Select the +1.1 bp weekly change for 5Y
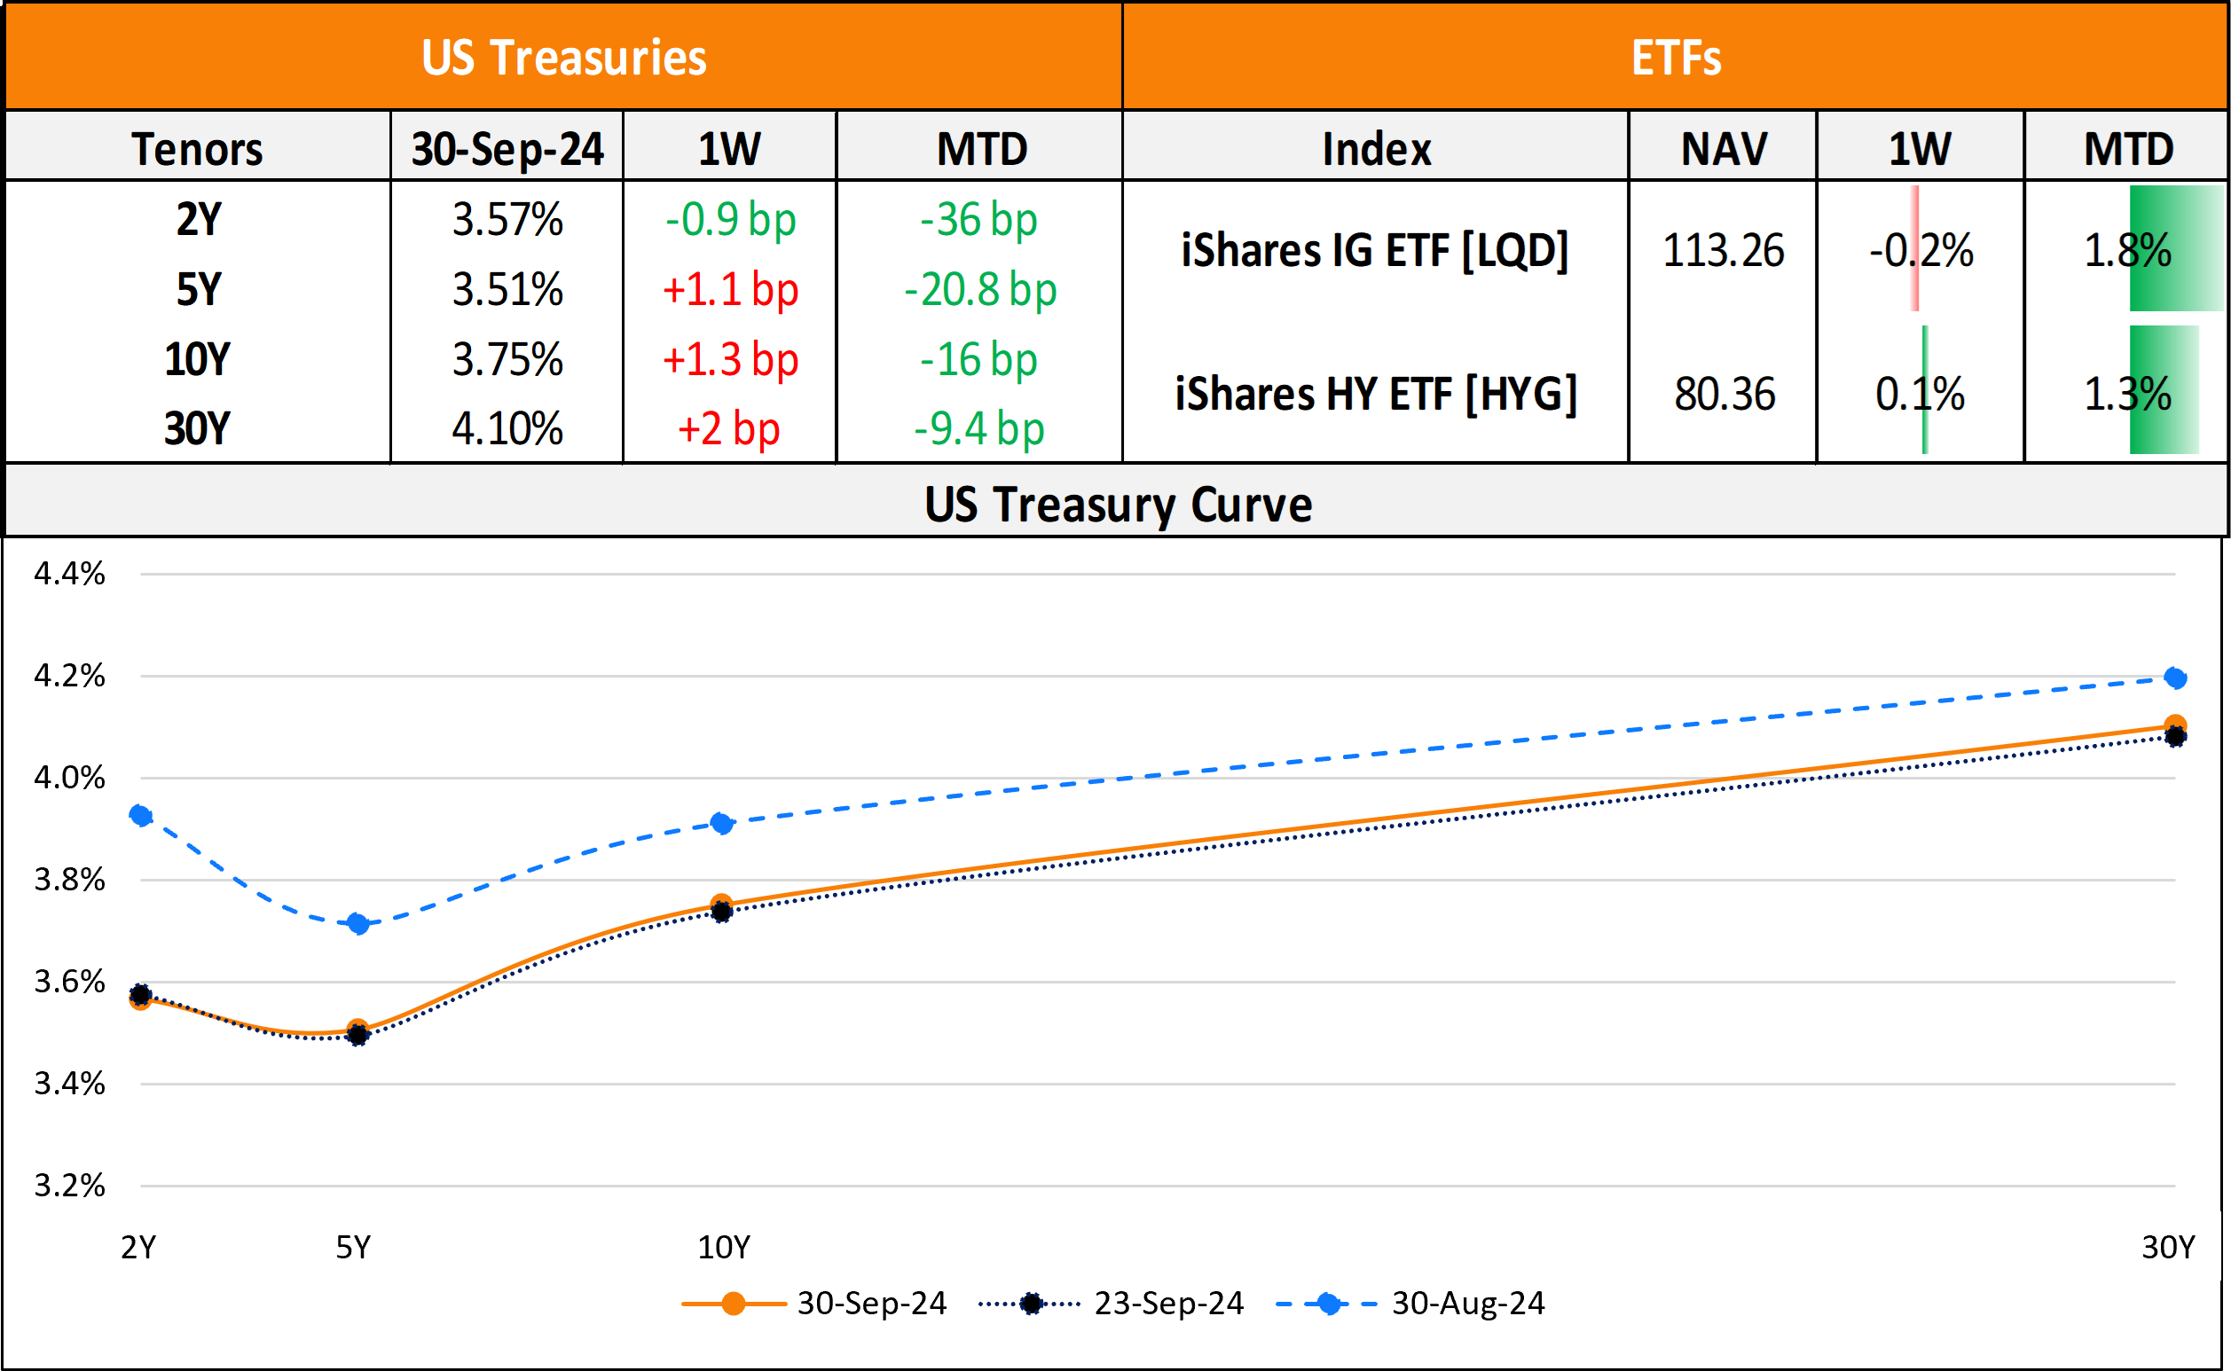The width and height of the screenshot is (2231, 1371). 730,290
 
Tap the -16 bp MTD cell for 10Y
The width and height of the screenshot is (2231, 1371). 978,360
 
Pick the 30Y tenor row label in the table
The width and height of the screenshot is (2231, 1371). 198,429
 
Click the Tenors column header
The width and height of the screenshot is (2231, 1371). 198,149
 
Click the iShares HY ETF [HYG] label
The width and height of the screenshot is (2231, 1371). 1376,395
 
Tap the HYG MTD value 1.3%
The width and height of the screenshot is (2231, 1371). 2126,395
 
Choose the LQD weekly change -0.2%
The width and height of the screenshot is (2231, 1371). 1921,250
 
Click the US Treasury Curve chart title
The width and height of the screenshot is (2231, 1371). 1118,505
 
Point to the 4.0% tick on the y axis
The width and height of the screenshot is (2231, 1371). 69,778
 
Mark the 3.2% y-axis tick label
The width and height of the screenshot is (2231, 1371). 69,1186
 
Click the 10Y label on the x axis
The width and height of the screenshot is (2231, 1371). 723,1248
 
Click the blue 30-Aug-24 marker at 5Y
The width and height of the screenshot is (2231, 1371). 358,925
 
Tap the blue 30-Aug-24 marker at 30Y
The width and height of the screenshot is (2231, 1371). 2175,678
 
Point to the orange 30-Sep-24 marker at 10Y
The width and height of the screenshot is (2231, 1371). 721,904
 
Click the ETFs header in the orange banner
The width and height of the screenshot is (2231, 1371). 1675,58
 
